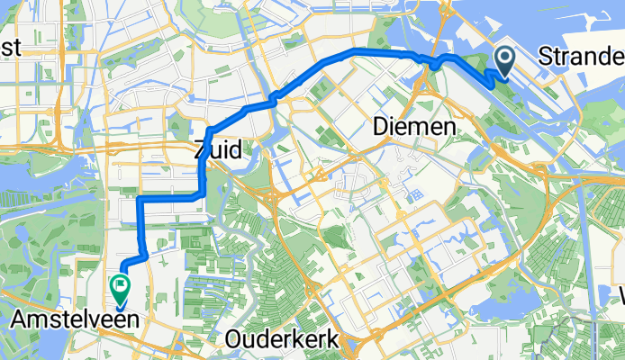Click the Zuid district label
[x=217, y=151]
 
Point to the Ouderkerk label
[x=282, y=339]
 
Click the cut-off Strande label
[x=582, y=58]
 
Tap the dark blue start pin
[x=503, y=61]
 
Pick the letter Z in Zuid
[x=202, y=151]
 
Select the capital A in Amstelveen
[x=21, y=319]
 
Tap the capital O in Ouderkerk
[x=236, y=339]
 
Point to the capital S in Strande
[x=547, y=58]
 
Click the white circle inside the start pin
[x=503, y=58]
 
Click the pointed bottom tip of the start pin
[x=503, y=76]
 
